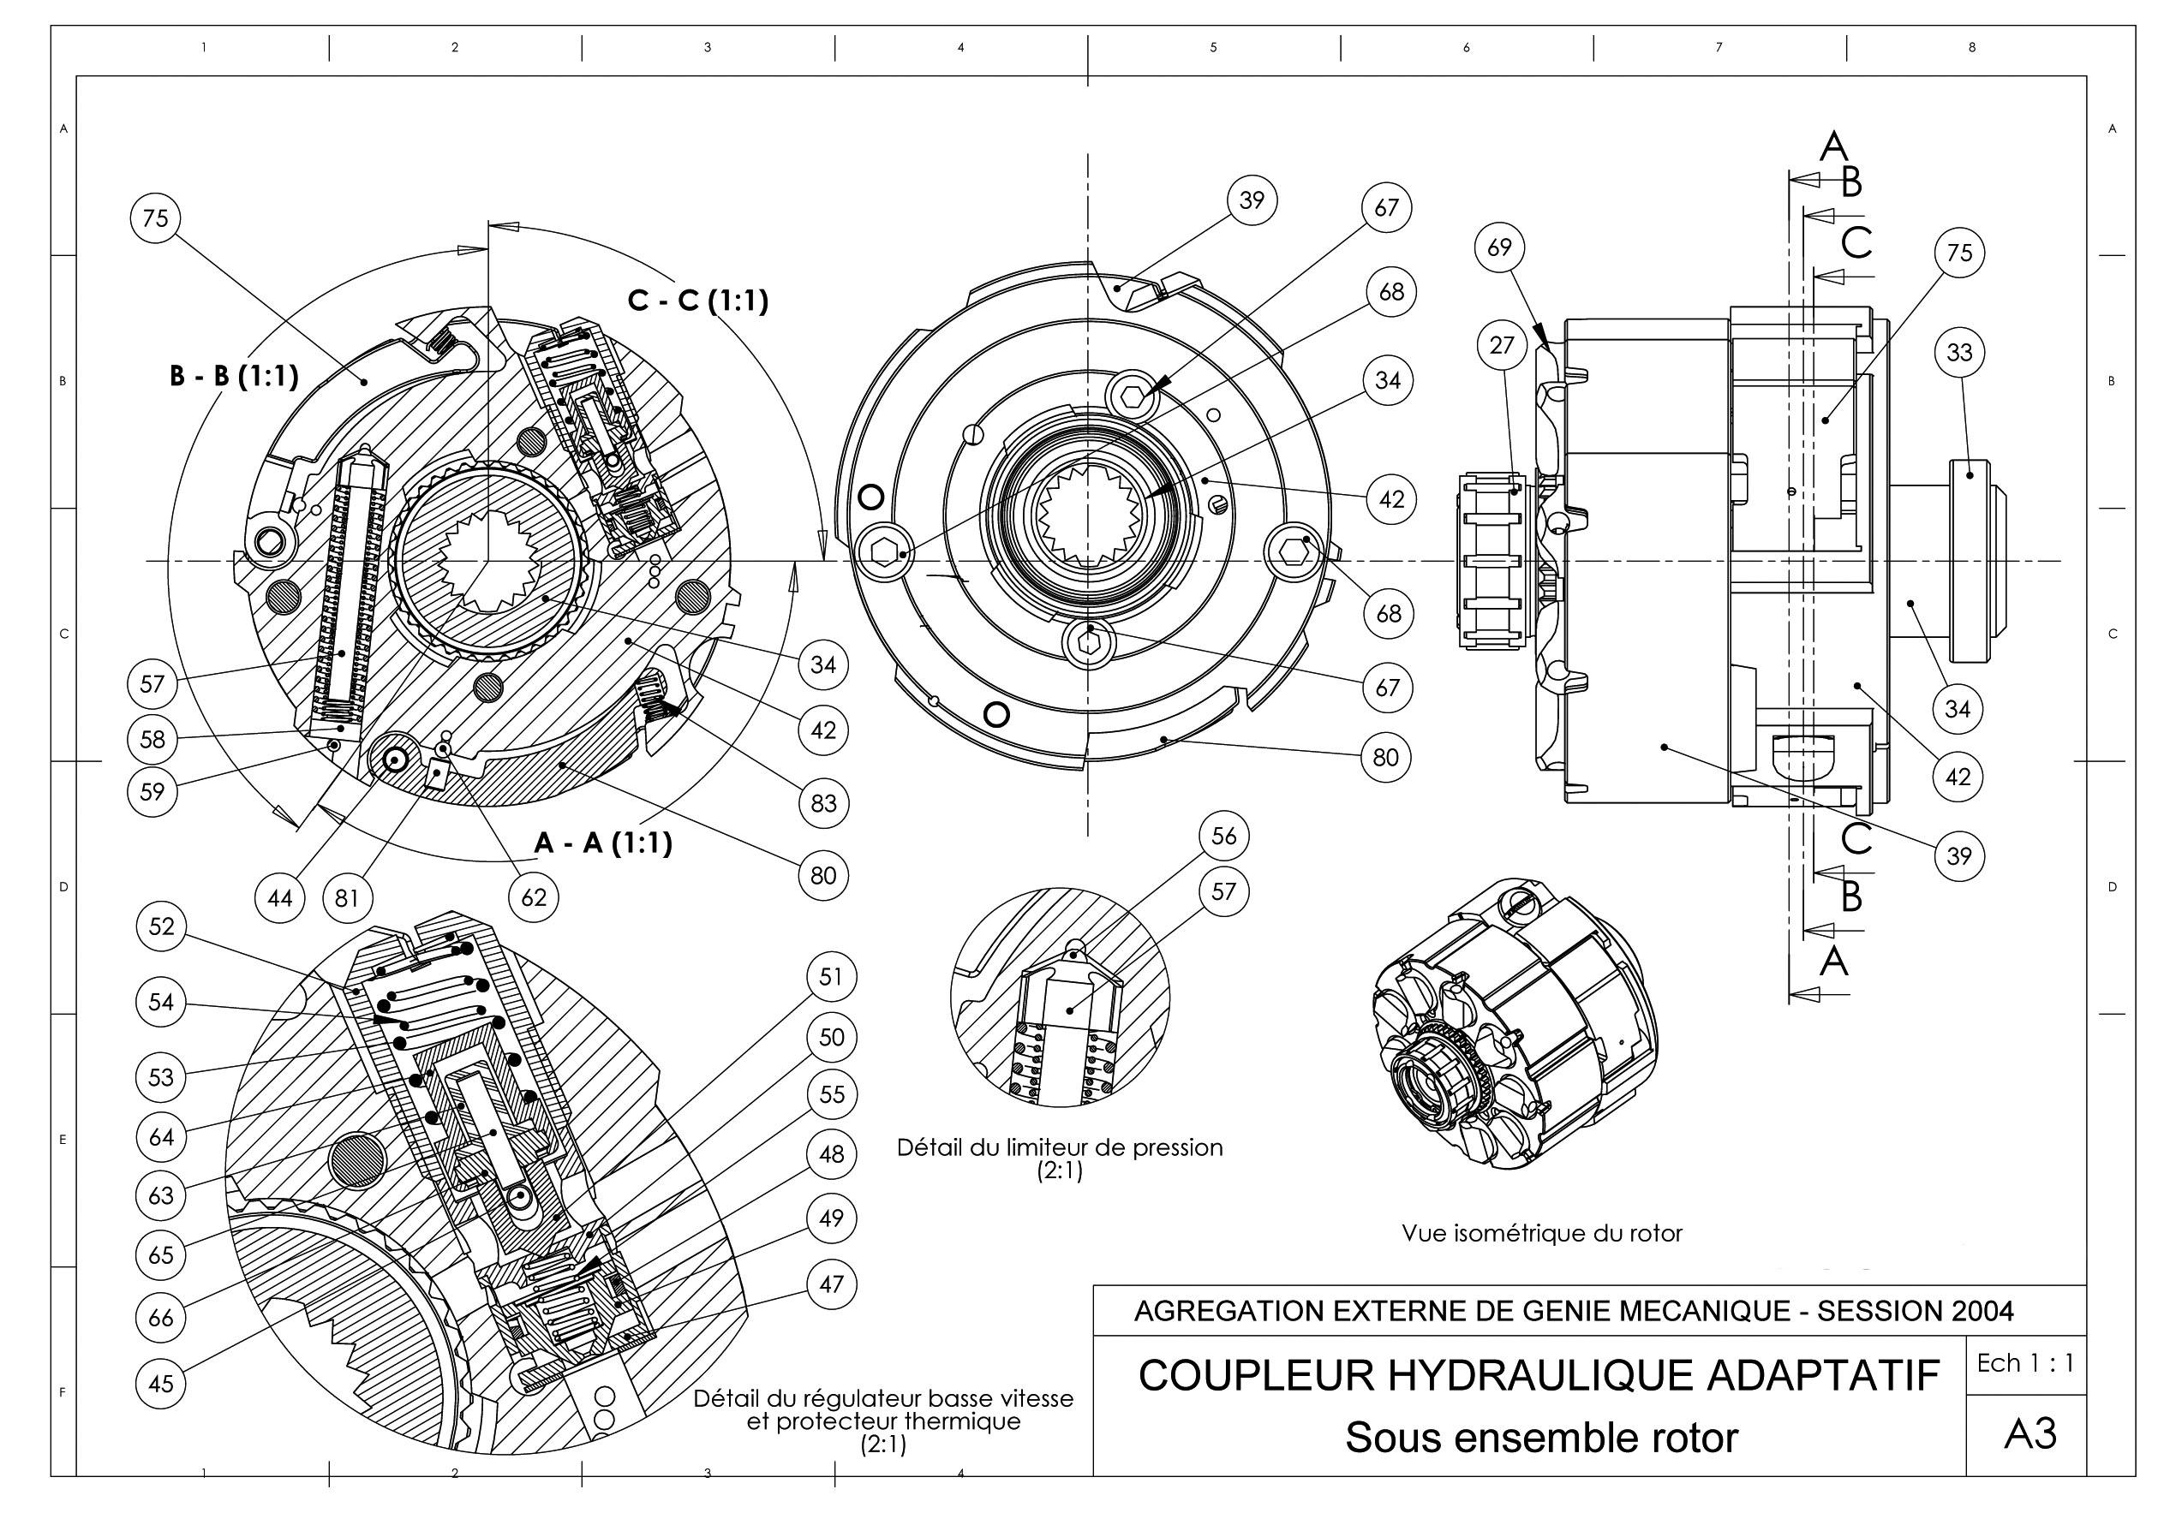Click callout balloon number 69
[x=1499, y=247]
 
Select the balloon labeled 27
[x=1501, y=345]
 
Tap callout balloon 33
[x=1959, y=353]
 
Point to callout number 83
[x=822, y=802]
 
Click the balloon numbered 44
[x=279, y=896]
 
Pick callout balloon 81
[x=347, y=896]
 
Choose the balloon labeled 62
[x=534, y=896]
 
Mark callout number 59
[x=152, y=791]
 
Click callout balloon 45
[x=161, y=1383]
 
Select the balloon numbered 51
[x=831, y=976]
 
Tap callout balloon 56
[x=1223, y=836]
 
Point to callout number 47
[x=831, y=1284]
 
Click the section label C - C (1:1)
[x=697, y=301]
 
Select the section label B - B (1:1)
[x=234, y=376]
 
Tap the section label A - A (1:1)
[x=603, y=843]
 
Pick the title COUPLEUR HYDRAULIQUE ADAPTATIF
[x=1539, y=1376]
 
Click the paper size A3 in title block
[x=2030, y=1434]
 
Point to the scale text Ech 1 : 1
[x=2025, y=1363]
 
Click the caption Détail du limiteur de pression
[x=1060, y=1148]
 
